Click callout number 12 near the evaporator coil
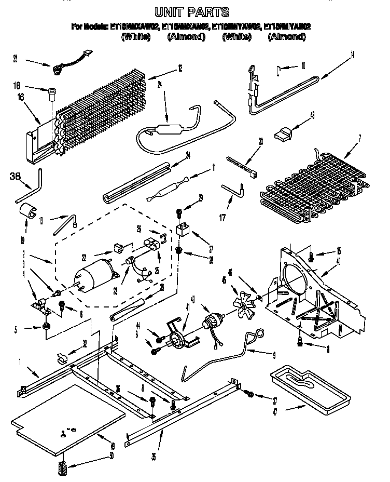click(x=180, y=67)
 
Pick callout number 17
click(x=222, y=217)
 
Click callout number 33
click(x=15, y=59)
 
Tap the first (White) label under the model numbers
click(x=135, y=37)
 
